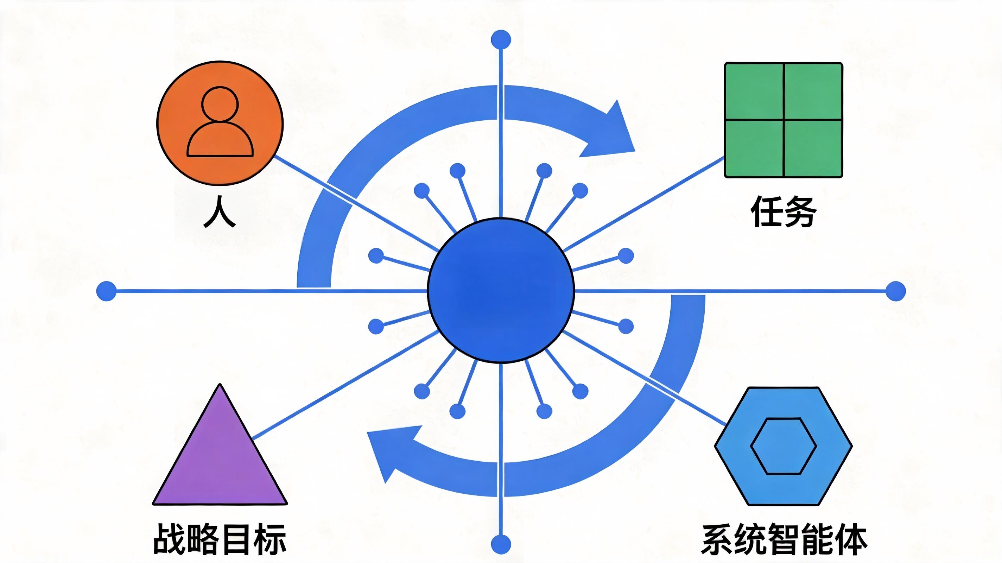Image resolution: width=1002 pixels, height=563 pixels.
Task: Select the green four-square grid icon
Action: click(784, 120)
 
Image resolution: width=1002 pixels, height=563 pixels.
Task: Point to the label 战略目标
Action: click(220, 539)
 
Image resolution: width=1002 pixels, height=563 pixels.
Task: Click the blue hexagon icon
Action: click(784, 446)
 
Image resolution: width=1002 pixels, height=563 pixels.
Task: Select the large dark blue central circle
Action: click(501, 290)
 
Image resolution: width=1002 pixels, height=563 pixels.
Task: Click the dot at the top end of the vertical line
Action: click(501, 40)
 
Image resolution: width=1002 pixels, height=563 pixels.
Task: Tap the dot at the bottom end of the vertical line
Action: click(501, 544)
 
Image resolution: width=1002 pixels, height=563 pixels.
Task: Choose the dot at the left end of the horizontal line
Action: click(106, 291)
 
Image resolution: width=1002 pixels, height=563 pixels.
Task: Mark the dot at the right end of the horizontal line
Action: click(895, 291)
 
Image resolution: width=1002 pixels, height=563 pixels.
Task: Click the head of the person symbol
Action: click(220, 104)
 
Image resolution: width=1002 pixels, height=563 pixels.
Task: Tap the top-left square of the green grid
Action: click(754, 91)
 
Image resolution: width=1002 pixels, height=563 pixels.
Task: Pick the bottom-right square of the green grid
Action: click(813, 148)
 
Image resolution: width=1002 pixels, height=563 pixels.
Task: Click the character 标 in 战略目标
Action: click(270, 539)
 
